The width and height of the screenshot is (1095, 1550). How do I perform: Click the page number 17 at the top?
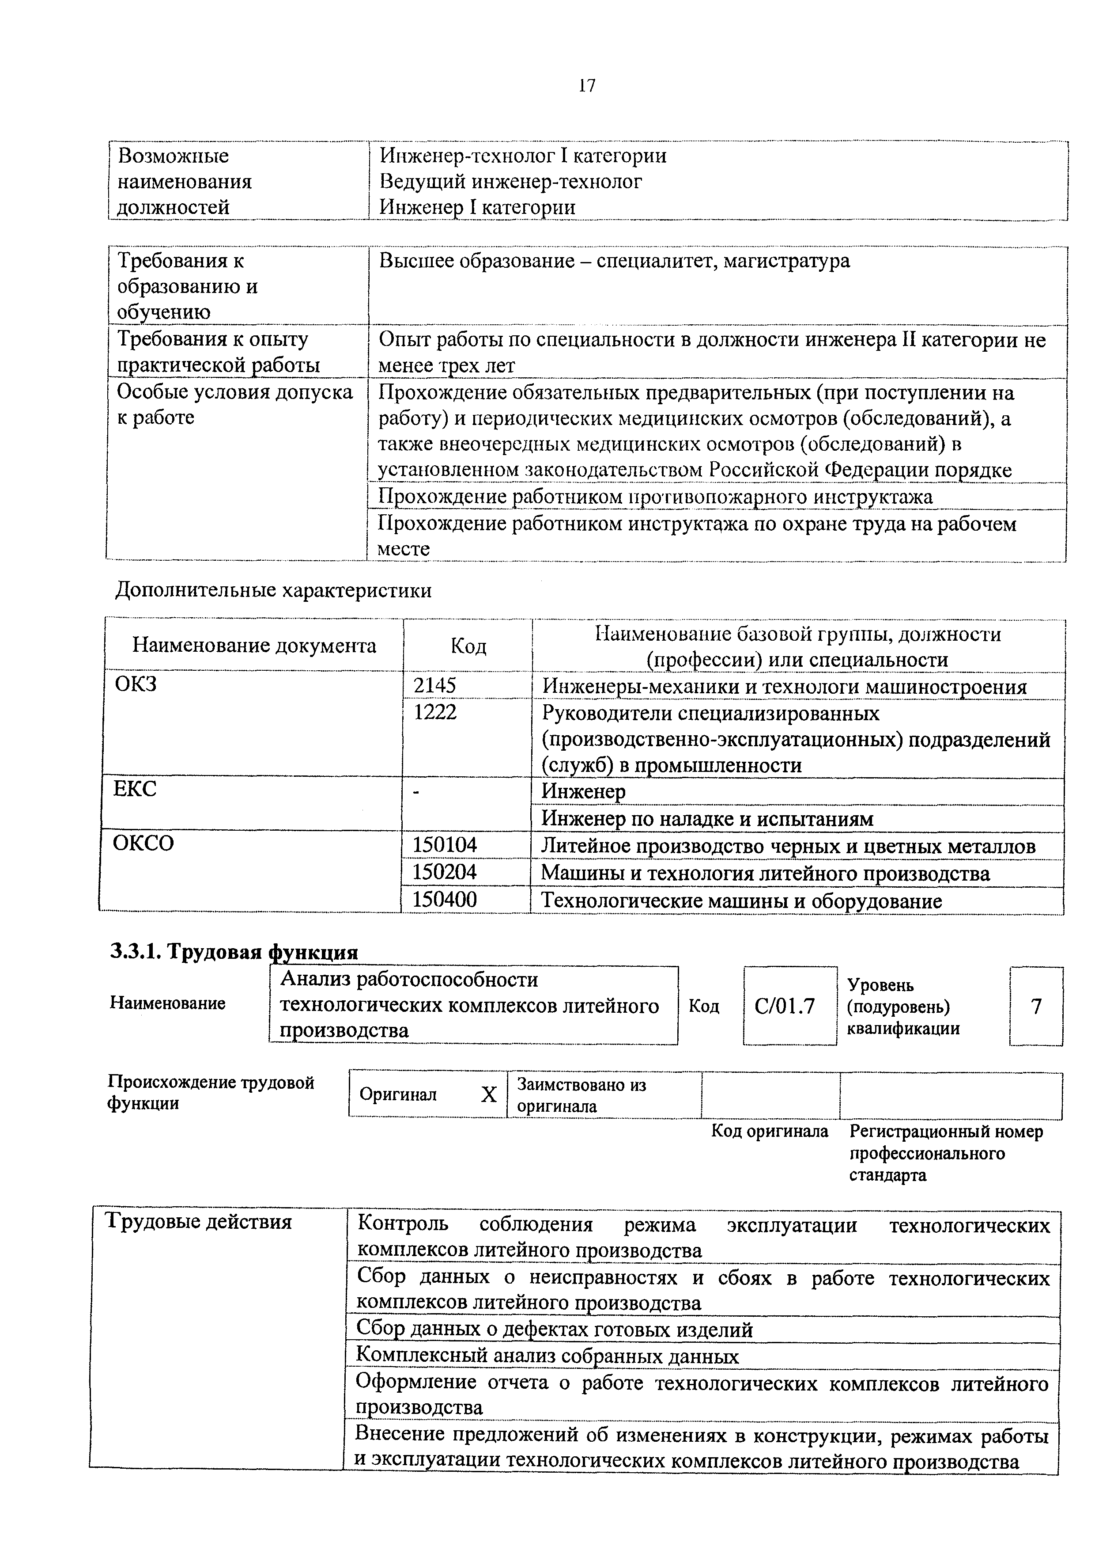(x=586, y=86)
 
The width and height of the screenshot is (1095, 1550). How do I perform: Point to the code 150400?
(x=445, y=900)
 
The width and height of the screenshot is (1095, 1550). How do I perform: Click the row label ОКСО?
(x=143, y=843)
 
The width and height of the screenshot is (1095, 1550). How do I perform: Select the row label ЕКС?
(x=135, y=789)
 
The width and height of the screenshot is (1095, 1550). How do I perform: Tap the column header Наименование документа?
(x=254, y=646)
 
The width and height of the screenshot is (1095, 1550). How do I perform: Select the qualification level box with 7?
(x=1036, y=1007)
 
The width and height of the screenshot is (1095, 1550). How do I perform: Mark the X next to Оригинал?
(x=488, y=1095)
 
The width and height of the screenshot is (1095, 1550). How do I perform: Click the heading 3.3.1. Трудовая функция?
(x=234, y=952)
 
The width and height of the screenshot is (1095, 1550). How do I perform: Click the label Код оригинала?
(x=770, y=1132)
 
